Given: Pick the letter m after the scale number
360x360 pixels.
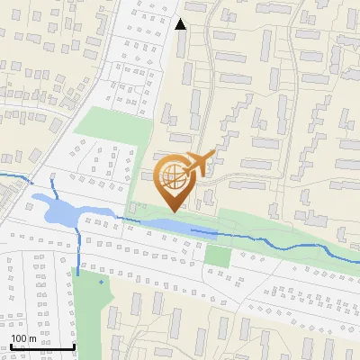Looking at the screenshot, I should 32,338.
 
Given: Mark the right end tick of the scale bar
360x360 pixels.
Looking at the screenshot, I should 74,346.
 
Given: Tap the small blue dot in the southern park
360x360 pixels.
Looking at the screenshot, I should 101,283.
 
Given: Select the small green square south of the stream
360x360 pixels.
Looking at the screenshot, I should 217,255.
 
